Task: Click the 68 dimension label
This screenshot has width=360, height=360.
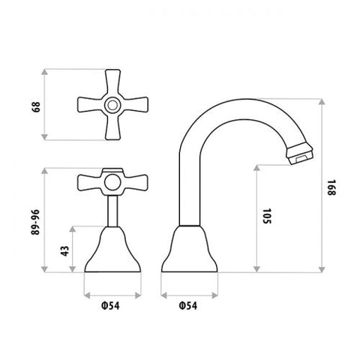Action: point(36,107)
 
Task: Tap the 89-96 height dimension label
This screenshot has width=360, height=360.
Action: point(35,222)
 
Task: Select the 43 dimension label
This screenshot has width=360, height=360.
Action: point(64,251)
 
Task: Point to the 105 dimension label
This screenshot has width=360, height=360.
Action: point(267,216)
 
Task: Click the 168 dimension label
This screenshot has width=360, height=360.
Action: point(331,187)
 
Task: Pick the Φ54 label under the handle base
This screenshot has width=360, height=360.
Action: point(110,305)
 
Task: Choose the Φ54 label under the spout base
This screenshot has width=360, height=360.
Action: point(187,305)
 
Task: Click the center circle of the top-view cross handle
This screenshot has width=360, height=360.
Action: point(112,105)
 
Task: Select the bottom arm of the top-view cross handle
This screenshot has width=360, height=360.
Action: point(112,127)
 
